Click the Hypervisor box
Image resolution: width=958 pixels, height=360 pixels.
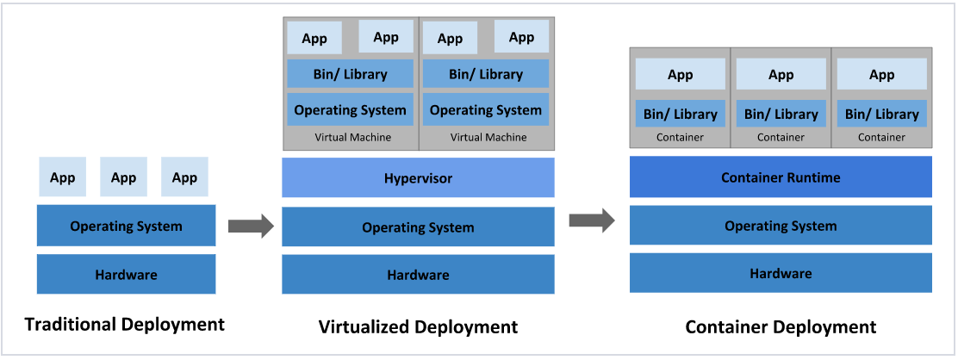coord(418,178)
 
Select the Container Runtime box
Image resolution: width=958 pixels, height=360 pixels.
coord(781,177)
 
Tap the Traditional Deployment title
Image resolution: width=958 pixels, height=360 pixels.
coord(124,325)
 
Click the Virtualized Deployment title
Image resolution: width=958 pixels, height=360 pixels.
coord(418,327)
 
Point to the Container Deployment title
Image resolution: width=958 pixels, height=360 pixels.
coord(781,327)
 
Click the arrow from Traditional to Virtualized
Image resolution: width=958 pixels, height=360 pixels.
coord(251,227)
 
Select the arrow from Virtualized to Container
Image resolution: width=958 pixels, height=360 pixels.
coord(592,220)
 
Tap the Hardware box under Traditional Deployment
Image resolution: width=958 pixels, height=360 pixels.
coord(126,275)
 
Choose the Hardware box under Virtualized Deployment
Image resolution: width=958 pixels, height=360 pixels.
coord(418,275)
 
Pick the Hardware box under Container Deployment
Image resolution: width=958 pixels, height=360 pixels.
coord(781,273)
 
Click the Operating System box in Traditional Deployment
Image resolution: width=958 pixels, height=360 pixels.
coord(126,227)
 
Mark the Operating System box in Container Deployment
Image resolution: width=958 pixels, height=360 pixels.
coord(781,226)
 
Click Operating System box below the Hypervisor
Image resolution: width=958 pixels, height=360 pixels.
coord(418,227)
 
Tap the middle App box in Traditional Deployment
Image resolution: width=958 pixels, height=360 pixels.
coord(123,177)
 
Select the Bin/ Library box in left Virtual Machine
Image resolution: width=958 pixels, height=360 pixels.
coord(350,74)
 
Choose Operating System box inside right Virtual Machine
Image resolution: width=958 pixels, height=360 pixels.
coord(486,109)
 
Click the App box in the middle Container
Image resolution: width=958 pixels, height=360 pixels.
coord(781,75)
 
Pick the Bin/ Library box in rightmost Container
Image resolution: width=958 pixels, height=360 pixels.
coord(881,114)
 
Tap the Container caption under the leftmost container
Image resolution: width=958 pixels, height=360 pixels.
coord(680,137)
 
